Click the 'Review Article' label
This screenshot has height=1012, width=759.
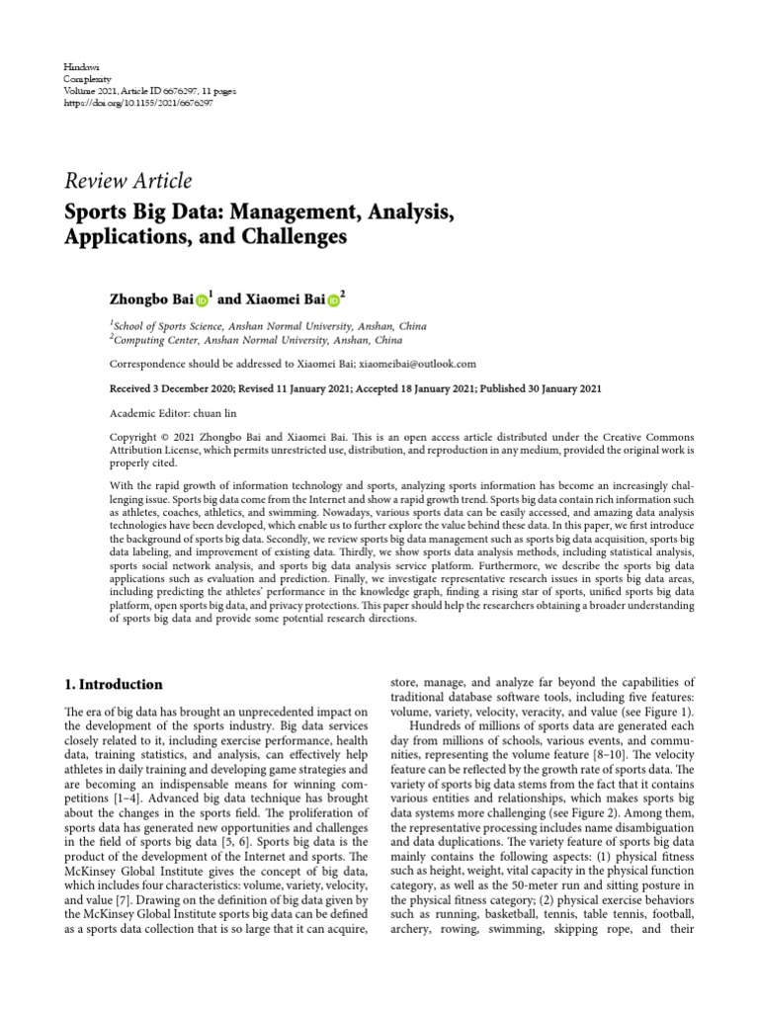127,181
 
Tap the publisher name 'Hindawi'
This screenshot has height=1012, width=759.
79,64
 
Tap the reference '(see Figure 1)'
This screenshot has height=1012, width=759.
658,713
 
